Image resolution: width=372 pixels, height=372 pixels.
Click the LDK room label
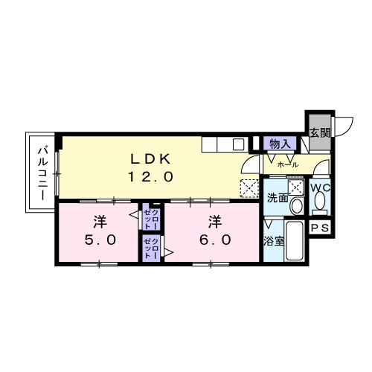[x=150, y=159]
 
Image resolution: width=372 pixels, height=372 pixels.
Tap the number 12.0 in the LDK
[x=150, y=177]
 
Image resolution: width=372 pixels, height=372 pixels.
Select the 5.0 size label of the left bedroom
[x=100, y=240]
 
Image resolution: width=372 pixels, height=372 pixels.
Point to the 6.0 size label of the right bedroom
[x=215, y=240]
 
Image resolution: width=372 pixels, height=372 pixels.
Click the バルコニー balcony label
[x=43, y=173]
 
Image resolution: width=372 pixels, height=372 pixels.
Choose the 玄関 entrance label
[x=320, y=134]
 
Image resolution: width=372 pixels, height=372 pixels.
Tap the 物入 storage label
[x=280, y=144]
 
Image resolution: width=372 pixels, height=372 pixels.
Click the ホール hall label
[x=288, y=164]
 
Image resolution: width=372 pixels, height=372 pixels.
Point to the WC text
[x=321, y=188]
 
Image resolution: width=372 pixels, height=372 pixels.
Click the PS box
[x=320, y=227]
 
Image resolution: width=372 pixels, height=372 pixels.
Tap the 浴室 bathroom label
[x=274, y=241]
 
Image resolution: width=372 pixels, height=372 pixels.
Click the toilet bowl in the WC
[x=319, y=202]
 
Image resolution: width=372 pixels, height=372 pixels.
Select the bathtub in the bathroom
[x=295, y=240]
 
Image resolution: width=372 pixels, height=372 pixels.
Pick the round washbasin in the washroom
[x=297, y=206]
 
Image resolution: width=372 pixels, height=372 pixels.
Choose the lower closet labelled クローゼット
[x=151, y=248]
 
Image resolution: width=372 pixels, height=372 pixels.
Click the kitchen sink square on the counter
[x=239, y=144]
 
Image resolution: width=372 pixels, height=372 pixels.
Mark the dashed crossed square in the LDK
[x=249, y=188]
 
